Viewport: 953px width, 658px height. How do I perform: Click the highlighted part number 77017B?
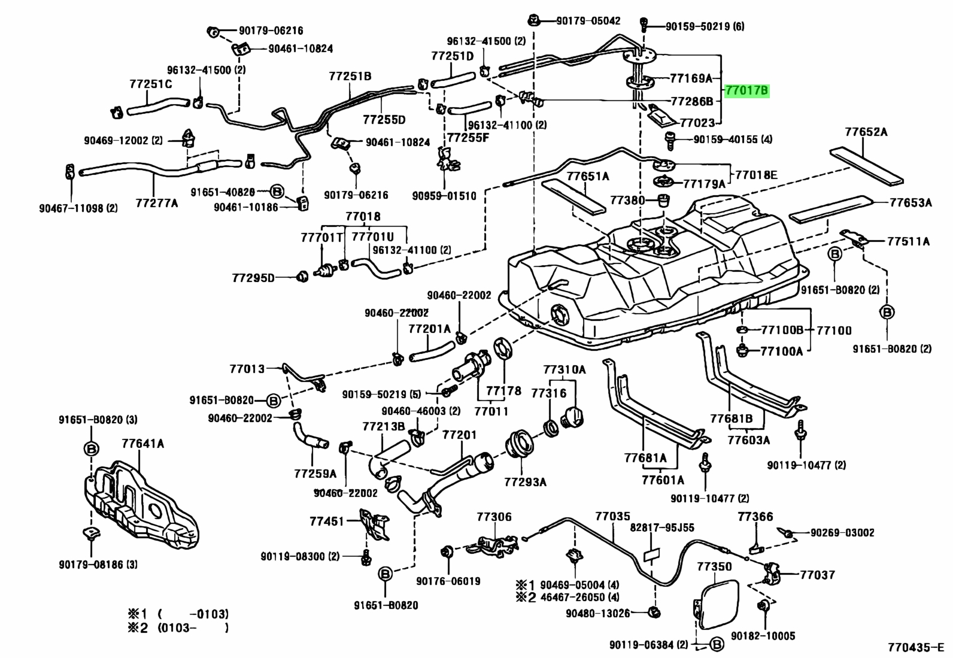(747, 90)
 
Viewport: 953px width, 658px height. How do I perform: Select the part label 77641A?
(143, 444)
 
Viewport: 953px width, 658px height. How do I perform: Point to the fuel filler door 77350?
(718, 604)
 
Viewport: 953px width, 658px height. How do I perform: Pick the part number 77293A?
(526, 482)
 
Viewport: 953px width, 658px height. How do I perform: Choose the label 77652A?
(867, 132)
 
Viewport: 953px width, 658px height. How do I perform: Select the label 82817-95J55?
(662, 527)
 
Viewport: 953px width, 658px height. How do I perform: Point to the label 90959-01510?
(444, 196)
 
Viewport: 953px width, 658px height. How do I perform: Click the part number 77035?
(612, 516)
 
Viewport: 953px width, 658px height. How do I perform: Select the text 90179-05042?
(588, 20)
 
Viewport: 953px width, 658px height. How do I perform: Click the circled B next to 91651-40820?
(277, 192)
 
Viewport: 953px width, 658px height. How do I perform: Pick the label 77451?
(327, 521)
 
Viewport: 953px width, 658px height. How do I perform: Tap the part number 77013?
(247, 369)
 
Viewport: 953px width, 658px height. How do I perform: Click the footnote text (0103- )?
(193, 628)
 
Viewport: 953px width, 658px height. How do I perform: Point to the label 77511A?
(908, 242)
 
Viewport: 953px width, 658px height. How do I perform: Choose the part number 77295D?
(254, 278)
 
